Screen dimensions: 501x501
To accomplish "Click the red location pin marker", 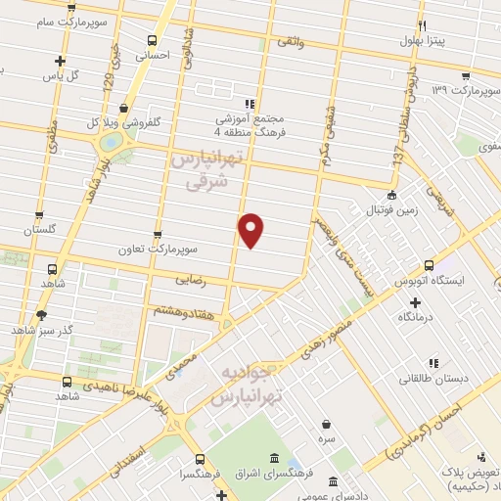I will click(x=251, y=229).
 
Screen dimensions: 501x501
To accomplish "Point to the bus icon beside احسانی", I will click(x=152, y=40).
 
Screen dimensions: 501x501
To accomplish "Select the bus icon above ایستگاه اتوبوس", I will click(x=429, y=264).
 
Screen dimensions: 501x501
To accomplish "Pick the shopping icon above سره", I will click(x=325, y=424).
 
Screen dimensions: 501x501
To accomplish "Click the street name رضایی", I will click(x=190, y=280).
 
